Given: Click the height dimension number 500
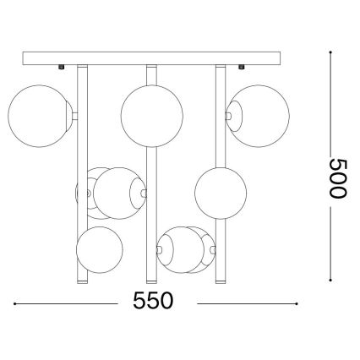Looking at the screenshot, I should (x=337, y=177).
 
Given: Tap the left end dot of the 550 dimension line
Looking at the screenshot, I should (x=15, y=303).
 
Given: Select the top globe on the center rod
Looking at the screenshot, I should (x=150, y=114).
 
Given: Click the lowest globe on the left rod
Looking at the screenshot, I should (x=99, y=250).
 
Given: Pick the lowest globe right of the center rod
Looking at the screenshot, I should (x=185, y=249).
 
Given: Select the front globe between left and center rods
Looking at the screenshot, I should (x=118, y=193).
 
